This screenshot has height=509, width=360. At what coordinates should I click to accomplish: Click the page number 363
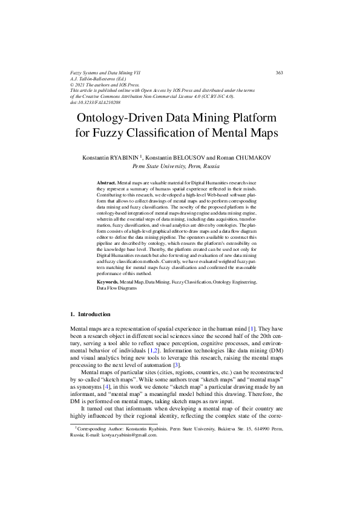point(279,73)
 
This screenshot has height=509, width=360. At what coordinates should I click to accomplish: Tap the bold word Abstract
point(106,182)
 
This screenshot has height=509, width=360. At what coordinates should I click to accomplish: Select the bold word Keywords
point(108,282)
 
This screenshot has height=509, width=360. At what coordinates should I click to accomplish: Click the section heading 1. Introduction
point(91,314)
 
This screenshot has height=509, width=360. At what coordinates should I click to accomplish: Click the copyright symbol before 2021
point(73,85)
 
